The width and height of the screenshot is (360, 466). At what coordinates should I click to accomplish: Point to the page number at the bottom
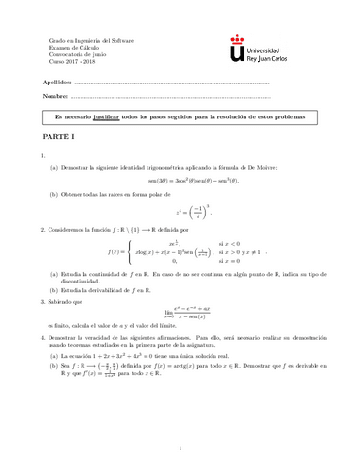pyautogui.click(x=180, y=448)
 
